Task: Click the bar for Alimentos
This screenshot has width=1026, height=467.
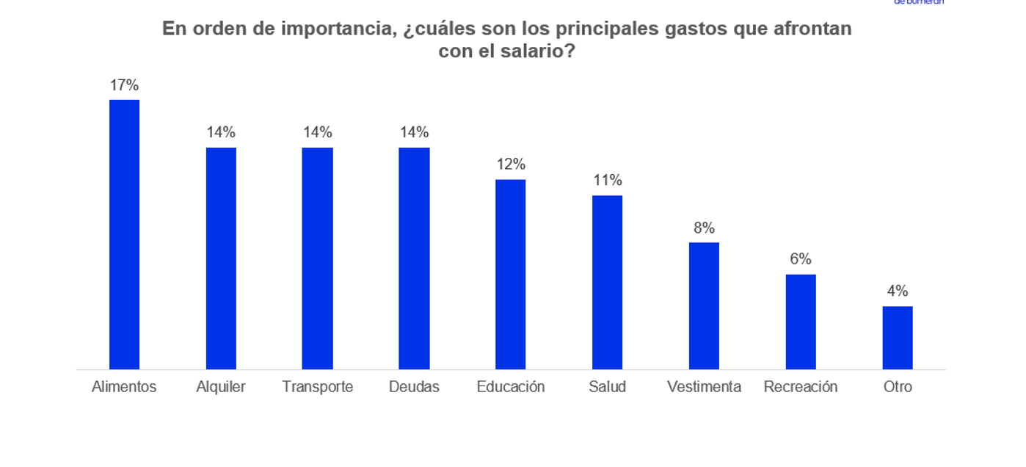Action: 124,234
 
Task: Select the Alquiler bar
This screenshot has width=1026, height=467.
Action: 221,258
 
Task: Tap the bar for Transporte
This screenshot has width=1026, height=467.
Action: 317,258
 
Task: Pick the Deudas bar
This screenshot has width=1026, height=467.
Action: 414,258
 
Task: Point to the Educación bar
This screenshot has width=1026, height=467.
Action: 510,274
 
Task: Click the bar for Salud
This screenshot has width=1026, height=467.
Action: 607,282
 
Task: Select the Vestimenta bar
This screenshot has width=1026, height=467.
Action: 704,305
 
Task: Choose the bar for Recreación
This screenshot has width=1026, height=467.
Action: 801,322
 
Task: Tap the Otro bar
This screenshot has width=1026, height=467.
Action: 898,338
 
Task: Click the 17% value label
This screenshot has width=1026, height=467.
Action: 124,85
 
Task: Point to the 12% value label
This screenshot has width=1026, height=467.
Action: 511,164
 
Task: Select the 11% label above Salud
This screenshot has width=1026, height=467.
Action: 608,180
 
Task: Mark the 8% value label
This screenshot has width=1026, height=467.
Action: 704,228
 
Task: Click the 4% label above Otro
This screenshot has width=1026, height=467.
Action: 898,291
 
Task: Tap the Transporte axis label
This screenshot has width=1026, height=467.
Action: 318,387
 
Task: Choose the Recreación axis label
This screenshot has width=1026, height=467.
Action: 801,387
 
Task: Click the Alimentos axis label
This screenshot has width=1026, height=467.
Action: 124,387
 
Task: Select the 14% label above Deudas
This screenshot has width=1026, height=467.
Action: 414,132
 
